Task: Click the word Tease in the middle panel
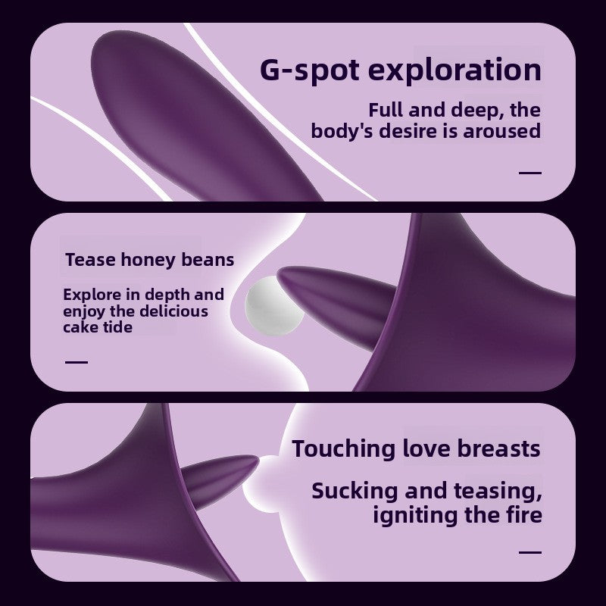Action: click(89, 260)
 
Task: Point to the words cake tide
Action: click(97, 326)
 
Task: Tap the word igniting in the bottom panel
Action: click(418, 516)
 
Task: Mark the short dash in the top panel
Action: click(530, 173)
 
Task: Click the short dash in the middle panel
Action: click(76, 361)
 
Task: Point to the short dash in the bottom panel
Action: click(530, 552)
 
